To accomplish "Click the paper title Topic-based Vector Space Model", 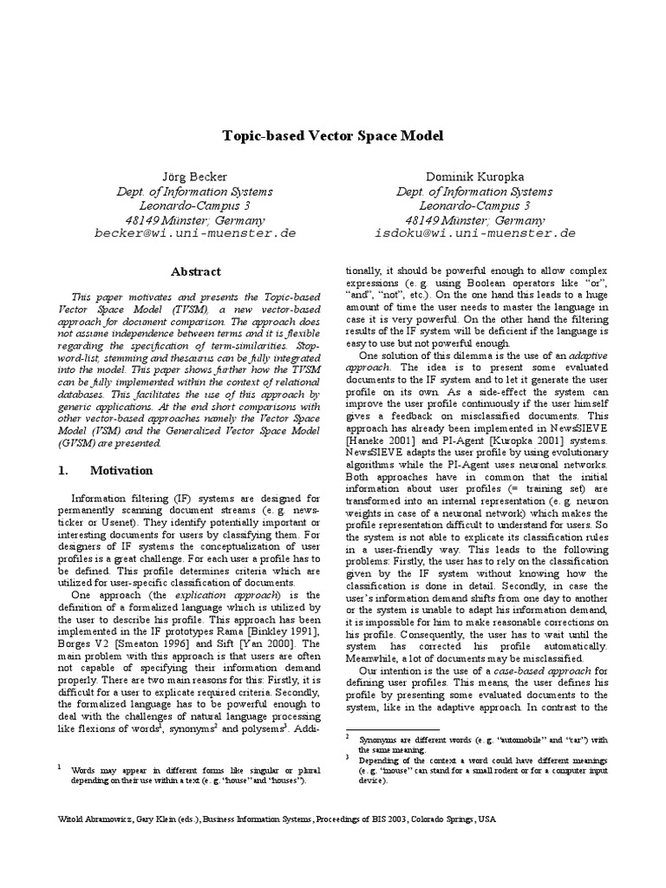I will pyautogui.click(x=333, y=136).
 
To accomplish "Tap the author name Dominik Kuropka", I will pyautogui.click(x=474, y=178).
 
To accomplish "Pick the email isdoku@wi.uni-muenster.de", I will pyautogui.click(x=474, y=233).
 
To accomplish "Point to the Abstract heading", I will pyautogui.click(x=195, y=271).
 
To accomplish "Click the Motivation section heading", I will pyautogui.click(x=121, y=471).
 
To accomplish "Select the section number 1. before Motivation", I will pyautogui.click(x=62, y=471).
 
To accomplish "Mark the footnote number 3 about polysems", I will pyautogui.click(x=347, y=757).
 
